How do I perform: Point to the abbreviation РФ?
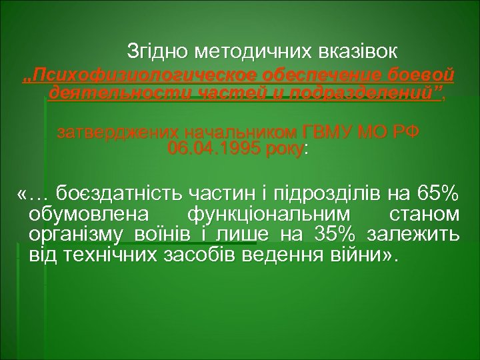pos(404,131)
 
